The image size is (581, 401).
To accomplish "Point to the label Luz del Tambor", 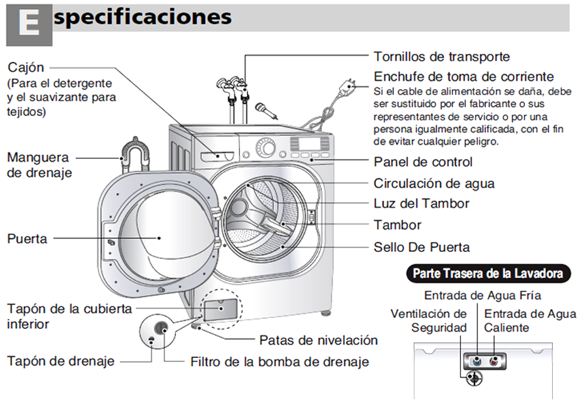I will tap(422, 203).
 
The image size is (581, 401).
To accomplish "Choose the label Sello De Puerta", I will tap(422, 246).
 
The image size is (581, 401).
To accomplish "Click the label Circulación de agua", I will tap(434, 184).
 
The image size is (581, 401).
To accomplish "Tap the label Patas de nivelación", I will tap(318, 340).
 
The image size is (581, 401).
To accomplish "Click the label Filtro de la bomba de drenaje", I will tap(280, 362).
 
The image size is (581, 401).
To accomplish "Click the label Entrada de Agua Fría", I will tap(483, 296).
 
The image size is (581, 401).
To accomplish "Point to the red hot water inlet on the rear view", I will tap(494, 361).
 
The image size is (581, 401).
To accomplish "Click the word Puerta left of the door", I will tap(27, 239).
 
